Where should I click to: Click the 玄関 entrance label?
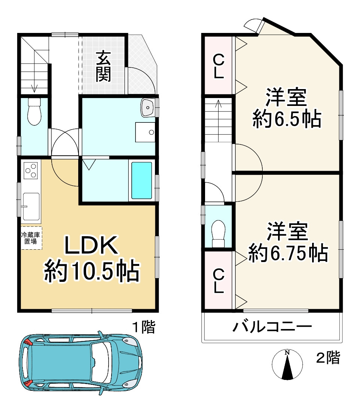(103, 67)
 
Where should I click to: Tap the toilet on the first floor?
(34, 112)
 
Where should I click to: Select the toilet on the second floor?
(218, 234)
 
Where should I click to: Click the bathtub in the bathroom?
(142, 180)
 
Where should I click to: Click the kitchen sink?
(31, 206)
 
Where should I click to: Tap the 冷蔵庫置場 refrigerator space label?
(31, 238)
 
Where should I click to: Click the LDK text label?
(91, 245)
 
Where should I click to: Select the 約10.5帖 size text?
(92, 271)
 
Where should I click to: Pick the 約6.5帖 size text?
(287, 119)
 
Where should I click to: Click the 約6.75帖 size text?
(288, 253)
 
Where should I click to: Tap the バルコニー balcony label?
(272, 327)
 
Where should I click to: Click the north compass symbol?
(287, 365)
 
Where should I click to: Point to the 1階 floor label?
(144, 327)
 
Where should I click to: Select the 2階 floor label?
(328, 358)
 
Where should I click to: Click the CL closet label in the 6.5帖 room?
(219, 66)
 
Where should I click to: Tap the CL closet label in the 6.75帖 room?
(219, 281)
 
